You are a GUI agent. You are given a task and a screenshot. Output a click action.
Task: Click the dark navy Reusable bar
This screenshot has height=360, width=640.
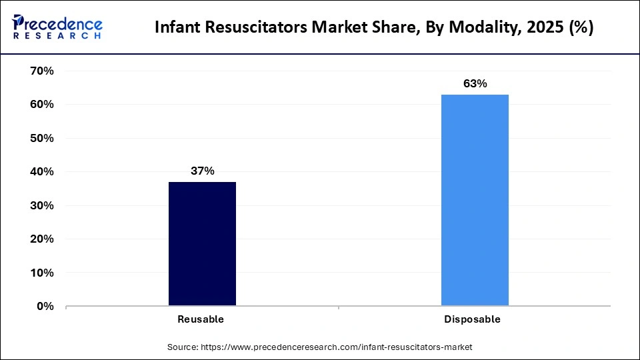(x=202, y=244)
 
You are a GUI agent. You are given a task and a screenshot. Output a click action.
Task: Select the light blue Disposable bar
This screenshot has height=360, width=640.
(x=475, y=200)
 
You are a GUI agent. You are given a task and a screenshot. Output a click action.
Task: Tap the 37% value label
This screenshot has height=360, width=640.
(x=202, y=171)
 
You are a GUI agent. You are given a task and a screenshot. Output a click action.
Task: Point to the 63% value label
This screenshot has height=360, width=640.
(x=475, y=83)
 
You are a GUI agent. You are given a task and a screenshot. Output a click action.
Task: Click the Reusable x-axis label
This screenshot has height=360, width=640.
(x=201, y=319)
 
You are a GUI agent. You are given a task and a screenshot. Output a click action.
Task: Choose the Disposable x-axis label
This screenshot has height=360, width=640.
(x=472, y=319)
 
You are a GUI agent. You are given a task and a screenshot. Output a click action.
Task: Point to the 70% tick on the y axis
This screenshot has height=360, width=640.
(x=41, y=71)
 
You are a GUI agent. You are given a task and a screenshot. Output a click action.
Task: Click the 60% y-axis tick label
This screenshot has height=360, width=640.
(x=41, y=105)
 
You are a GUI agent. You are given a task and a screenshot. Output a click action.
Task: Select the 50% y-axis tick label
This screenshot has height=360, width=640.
(x=41, y=138)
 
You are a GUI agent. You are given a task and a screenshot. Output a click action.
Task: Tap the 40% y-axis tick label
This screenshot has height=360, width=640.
(x=41, y=172)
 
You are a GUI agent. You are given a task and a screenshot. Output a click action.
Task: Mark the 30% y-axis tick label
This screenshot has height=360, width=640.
(x=41, y=205)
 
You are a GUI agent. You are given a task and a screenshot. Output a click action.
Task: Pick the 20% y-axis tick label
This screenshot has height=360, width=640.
(x=41, y=239)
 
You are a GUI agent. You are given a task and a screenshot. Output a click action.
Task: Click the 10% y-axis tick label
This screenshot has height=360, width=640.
(x=41, y=273)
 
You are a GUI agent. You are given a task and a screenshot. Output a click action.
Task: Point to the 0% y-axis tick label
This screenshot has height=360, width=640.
(x=44, y=307)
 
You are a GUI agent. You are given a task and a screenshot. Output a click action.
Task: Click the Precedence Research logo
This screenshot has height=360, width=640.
(x=57, y=27)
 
